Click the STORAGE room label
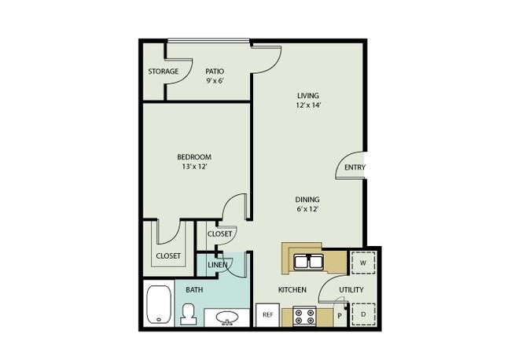164,72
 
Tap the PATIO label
215,72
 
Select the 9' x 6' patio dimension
215,81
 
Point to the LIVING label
308,95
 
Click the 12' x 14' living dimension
308,105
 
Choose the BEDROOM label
194,157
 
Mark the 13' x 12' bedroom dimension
194,167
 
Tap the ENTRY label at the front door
355,167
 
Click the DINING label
307,200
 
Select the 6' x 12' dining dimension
307,209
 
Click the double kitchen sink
308,262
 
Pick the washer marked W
363,263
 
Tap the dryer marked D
363,314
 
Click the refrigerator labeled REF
267,315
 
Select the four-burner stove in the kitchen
304,316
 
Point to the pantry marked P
340,315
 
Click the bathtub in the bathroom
159,305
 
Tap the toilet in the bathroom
189,314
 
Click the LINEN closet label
217,265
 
